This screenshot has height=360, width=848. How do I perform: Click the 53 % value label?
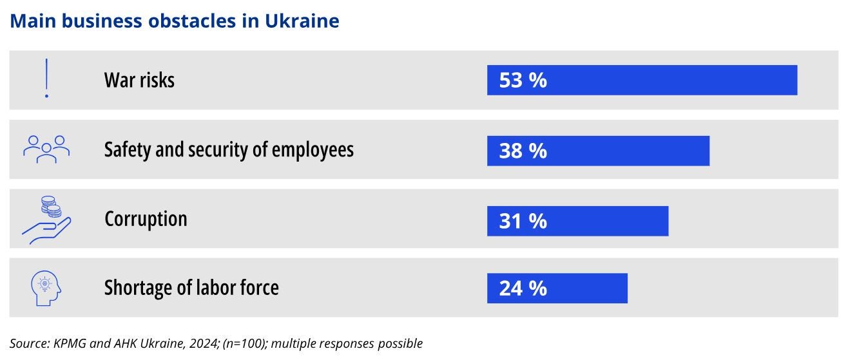pos(523,81)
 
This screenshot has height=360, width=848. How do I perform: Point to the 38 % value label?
pos(523,151)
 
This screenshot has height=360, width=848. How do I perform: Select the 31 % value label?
pos(523,221)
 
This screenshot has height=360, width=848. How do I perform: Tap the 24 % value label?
pos(523,288)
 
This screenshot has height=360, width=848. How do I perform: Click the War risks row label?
pos(139,81)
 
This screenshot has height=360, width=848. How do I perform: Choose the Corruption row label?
pos(146,219)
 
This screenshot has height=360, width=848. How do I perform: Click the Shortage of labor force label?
pos(191,287)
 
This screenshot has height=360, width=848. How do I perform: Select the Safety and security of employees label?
pos(229,150)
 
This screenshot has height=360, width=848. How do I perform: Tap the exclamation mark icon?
pos(46,79)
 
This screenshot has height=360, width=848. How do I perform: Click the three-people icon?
pos(46,148)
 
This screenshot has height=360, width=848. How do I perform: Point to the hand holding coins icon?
pos(46,220)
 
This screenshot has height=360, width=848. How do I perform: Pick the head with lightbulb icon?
pos(46,288)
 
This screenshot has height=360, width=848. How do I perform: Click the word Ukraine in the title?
pos(302,21)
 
